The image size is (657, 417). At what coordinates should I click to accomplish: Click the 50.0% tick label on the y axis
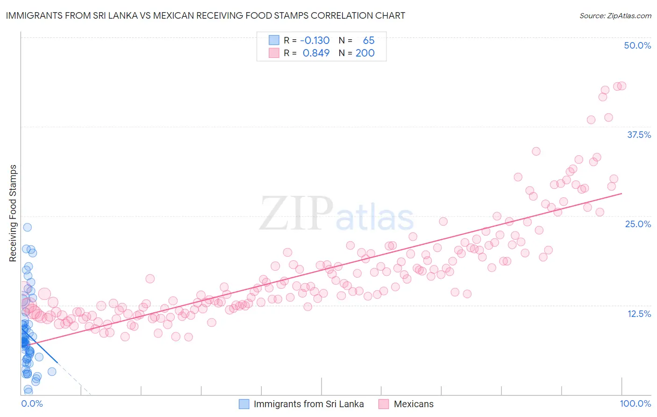(637, 45)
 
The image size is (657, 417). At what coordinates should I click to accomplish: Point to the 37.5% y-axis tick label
(639, 135)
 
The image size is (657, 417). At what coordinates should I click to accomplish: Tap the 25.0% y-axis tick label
(638, 224)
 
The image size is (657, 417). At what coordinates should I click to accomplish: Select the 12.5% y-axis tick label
(639, 314)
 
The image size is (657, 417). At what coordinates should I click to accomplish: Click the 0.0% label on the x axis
(32, 403)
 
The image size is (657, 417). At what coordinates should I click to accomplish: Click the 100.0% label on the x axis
(635, 403)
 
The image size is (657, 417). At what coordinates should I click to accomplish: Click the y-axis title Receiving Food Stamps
(13, 213)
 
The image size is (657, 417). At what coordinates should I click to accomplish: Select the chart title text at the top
(205, 15)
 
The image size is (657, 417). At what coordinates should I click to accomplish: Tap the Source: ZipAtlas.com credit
(615, 15)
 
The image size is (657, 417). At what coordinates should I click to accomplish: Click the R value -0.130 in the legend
(314, 41)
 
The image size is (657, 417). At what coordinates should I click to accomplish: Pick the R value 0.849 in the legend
(316, 53)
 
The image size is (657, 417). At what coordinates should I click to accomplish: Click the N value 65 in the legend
(369, 41)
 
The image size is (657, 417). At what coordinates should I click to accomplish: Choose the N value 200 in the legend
(365, 53)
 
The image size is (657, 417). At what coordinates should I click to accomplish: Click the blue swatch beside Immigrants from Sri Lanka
(244, 404)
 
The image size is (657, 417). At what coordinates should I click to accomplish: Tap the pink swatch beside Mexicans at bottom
(384, 404)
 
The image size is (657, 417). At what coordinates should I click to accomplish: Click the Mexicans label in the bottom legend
(414, 404)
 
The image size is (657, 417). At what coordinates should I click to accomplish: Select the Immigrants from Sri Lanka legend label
(308, 404)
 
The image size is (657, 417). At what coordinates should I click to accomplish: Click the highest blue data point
(28, 227)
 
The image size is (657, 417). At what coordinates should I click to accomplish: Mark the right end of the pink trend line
(621, 193)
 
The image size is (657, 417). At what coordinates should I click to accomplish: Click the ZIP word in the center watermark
(296, 214)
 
